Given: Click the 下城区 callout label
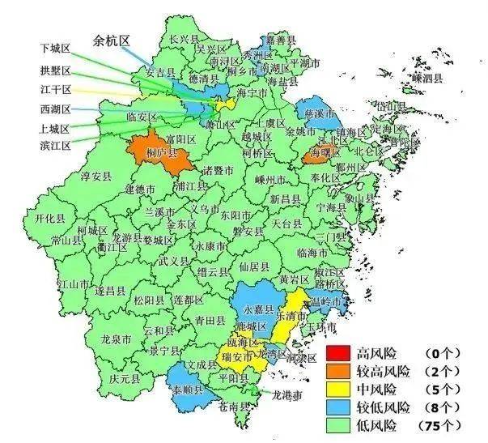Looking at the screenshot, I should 56,48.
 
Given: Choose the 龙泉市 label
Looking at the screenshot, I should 117,340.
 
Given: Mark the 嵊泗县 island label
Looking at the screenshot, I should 426,79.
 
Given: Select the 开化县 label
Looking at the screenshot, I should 50,219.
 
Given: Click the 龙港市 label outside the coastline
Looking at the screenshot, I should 286,396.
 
